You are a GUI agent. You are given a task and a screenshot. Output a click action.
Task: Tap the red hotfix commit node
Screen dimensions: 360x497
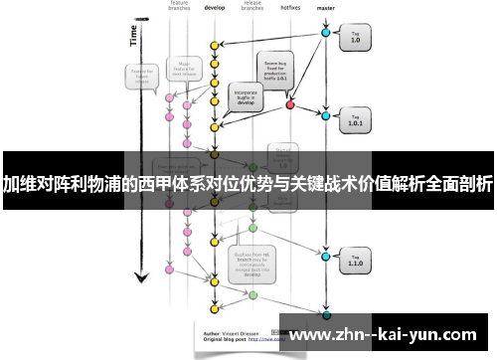[290, 104]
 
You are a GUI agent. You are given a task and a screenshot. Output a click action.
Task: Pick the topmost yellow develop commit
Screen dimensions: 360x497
[213, 46]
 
